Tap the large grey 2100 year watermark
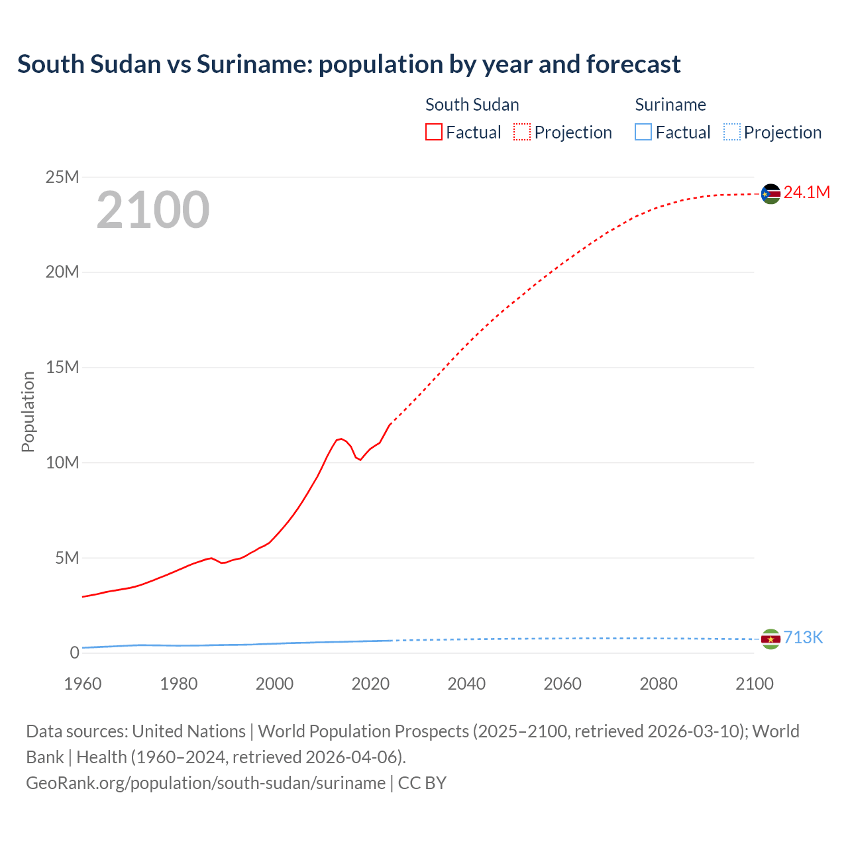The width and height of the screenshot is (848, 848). tap(153, 210)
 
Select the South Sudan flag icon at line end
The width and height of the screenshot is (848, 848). tap(770, 193)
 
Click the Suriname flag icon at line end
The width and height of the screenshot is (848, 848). tap(770, 639)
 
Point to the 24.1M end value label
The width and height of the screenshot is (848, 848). tap(806, 192)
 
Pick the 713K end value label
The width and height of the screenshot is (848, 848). tap(803, 637)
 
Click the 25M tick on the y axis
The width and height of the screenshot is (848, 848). tap(62, 177)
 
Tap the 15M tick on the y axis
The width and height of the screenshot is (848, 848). tap(62, 367)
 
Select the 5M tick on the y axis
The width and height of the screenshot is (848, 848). tap(67, 558)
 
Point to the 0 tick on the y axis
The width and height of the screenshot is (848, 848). tap(74, 653)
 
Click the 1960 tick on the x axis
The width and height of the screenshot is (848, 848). tap(83, 684)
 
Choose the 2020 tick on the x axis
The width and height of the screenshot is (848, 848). tap(370, 684)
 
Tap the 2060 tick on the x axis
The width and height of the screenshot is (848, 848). tap(562, 684)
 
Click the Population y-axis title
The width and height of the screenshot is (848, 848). tap(28, 411)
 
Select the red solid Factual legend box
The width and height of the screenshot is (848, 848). tap(434, 132)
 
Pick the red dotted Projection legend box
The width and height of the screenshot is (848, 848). tap(522, 132)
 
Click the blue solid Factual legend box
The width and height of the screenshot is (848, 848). tap(643, 132)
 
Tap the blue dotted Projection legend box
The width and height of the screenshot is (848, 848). tap(732, 132)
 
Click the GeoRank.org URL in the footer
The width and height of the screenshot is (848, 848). tap(205, 782)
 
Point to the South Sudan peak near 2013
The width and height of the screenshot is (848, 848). tap(341, 439)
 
